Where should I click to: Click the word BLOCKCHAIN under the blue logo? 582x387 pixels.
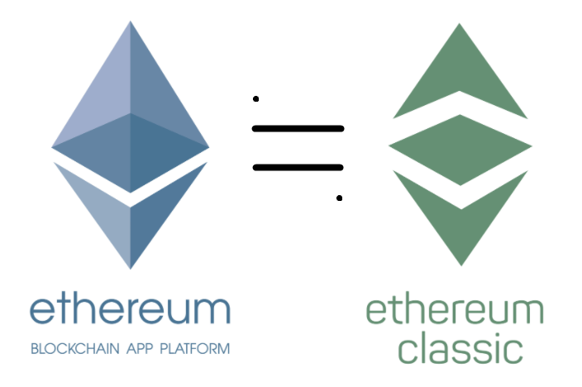point(70,349)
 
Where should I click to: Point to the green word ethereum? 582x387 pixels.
point(455,313)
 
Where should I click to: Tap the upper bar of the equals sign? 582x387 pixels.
point(298,128)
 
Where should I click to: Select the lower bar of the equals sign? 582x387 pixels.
point(298,167)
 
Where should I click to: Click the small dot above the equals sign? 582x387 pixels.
point(256,99)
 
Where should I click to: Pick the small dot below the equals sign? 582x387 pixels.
point(339,198)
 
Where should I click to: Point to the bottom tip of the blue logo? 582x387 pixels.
point(131,266)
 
